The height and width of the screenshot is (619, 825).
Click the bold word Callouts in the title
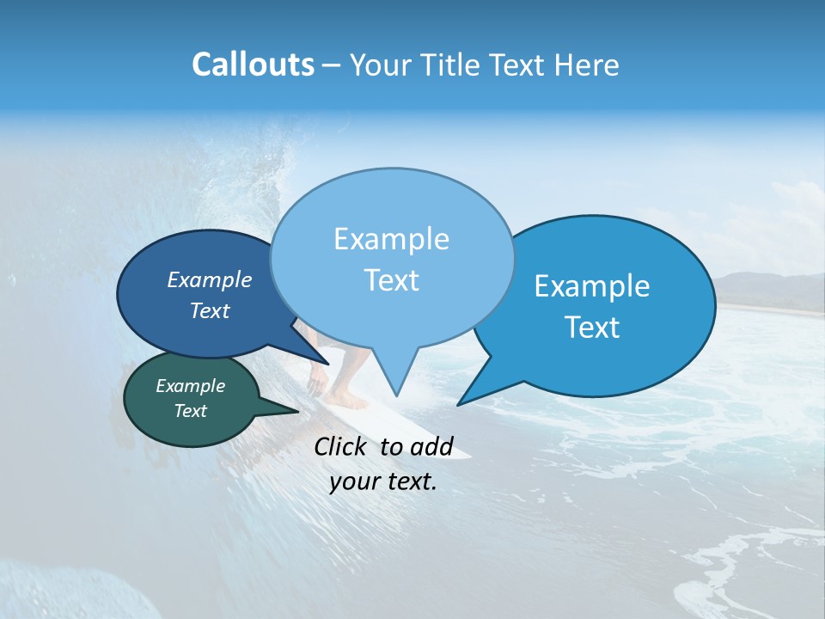tap(253, 65)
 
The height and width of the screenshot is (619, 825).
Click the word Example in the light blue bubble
tap(391, 239)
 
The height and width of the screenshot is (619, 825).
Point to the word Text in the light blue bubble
tap(391, 280)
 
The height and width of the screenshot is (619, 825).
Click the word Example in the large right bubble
tap(592, 286)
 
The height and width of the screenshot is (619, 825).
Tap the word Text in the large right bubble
tap(592, 328)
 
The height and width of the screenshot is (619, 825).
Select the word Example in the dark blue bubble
tap(210, 279)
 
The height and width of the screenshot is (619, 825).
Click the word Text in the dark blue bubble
tap(210, 310)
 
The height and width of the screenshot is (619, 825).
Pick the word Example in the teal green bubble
tap(191, 386)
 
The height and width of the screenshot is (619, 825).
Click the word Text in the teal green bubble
tap(191, 411)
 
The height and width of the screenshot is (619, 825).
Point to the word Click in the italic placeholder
tap(342, 446)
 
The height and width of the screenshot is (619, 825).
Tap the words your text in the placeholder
tap(383, 481)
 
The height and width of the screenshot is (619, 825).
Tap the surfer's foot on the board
tap(348, 400)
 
